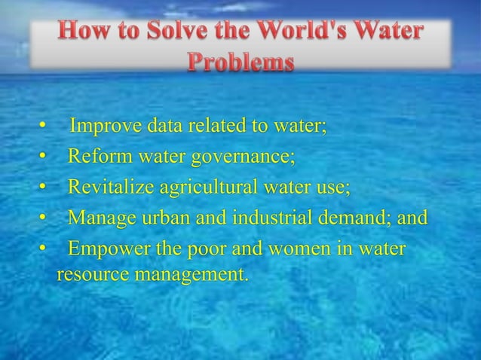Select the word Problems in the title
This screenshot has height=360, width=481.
point(240,63)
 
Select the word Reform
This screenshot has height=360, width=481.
point(96,157)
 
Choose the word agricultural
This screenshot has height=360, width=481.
point(202,188)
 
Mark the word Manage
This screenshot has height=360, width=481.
point(98,218)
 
